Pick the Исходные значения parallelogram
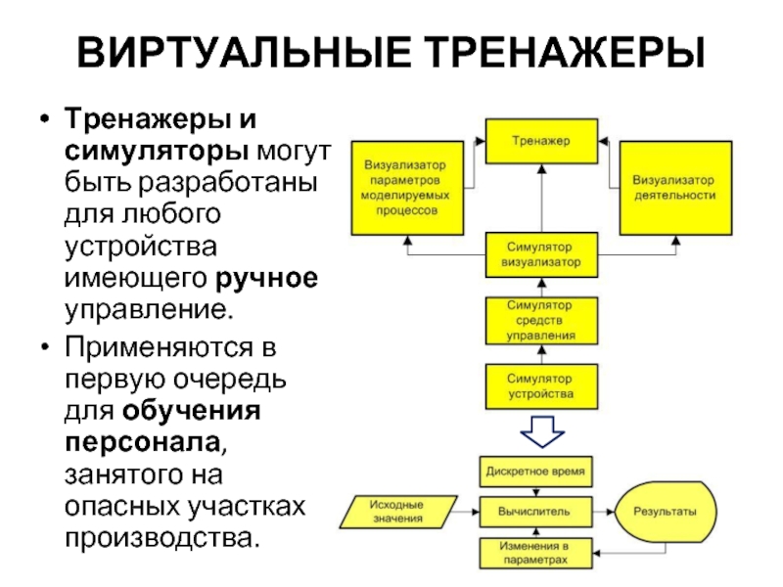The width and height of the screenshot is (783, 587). [x=396, y=510]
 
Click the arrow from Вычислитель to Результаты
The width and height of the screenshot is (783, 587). [x=604, y=511]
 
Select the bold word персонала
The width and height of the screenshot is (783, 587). [x=145, y=442]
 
